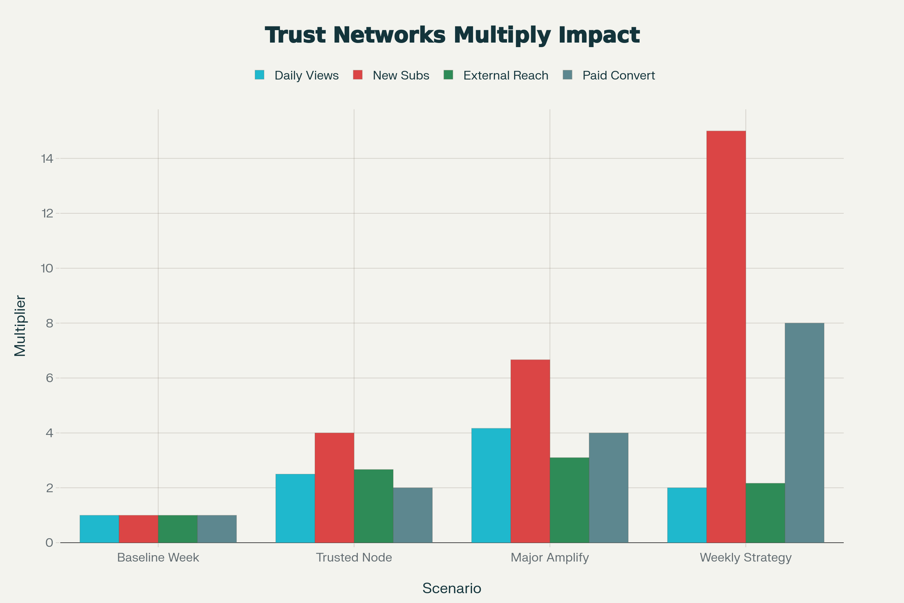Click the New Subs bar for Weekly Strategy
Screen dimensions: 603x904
(x=726, y=337)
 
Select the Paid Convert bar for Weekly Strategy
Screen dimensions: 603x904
(x=805, y=433)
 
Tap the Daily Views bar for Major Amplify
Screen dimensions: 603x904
(x=491, y=485)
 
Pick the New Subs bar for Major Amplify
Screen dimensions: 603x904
(x=530, y=451)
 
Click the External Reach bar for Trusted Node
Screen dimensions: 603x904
(x=373, y=506)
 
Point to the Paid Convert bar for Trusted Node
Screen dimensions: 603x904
(x=412, y=515)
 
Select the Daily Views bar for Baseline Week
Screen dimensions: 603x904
(x=99, y=529)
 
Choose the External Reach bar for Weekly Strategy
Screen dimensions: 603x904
(x=765, y=513)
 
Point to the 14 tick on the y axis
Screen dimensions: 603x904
(x=47, y=158)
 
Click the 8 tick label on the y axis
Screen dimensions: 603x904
(x=50, y=323)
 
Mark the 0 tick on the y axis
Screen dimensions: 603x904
(x=50, y=543)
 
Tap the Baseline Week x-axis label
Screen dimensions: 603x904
(x=158, y=558)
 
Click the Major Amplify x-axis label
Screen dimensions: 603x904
(x=550, y=558)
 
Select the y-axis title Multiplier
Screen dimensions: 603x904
(x=20, y=326)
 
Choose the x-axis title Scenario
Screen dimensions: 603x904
(x=452, y=588)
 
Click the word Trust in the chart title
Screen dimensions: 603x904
(x=296, y=35)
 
